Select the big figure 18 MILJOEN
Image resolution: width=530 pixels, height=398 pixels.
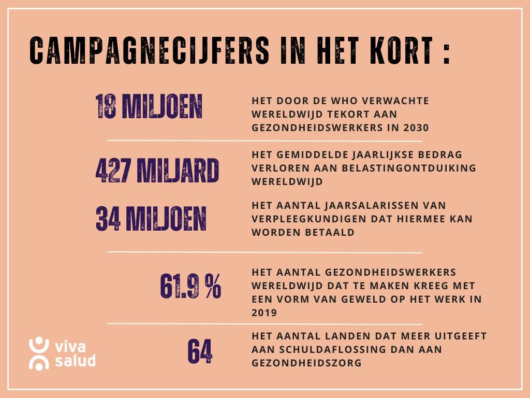pyautogui.click(x=149, y=107)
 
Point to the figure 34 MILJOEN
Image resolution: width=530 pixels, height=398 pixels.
pyautogui.click(x=151, y=219)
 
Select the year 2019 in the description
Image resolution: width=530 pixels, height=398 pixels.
pyautogui.click(x=265, y=312)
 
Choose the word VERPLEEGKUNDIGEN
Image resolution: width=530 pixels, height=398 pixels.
pyautogui.click(x=296, y=219)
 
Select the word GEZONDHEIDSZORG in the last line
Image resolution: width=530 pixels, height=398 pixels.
pyautogui.click(x=306, y=363)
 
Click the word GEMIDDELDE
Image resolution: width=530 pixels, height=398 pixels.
pyautogui.click(x=318, y=155)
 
